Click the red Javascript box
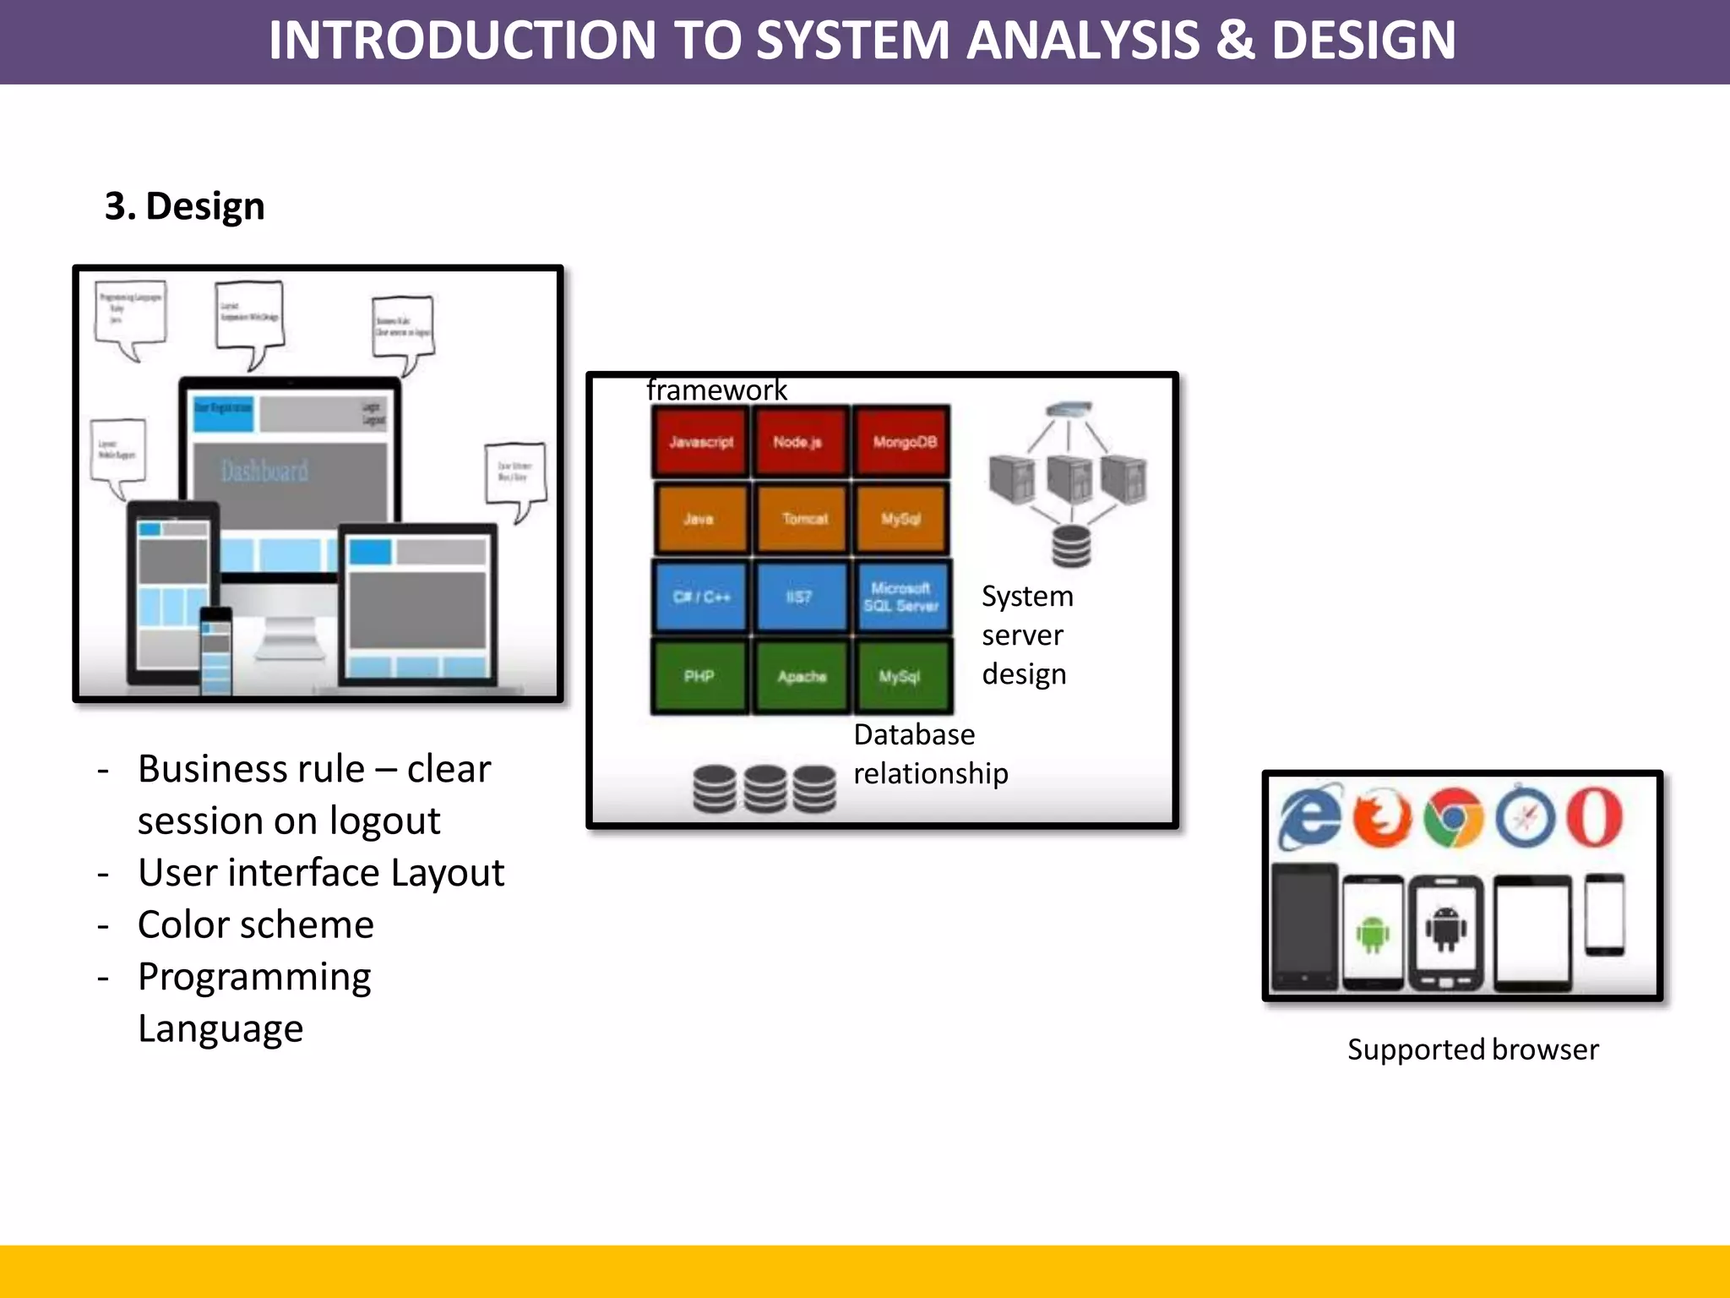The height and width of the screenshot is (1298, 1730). (x=700, y=442)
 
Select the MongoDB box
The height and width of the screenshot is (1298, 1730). (x=903, y=442)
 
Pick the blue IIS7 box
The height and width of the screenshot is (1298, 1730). (x=800, y=597)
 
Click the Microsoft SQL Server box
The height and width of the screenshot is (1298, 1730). (x=901, y=597)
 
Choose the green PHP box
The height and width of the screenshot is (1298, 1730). (x=699, y=676)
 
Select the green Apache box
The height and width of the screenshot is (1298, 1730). (x=801, y=676)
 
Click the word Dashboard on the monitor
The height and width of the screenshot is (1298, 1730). (x=264, y=471)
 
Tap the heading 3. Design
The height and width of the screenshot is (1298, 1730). (x=185, y=206)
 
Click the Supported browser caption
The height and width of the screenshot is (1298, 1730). (x=1472, y=1050)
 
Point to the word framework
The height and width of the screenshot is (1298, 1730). (x=716, y=390)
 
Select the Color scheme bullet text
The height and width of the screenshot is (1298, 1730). (x=256, y=924)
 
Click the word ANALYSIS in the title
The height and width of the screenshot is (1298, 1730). (x=1082, y=40)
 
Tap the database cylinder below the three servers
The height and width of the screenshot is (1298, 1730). (x=1071, y=546)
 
